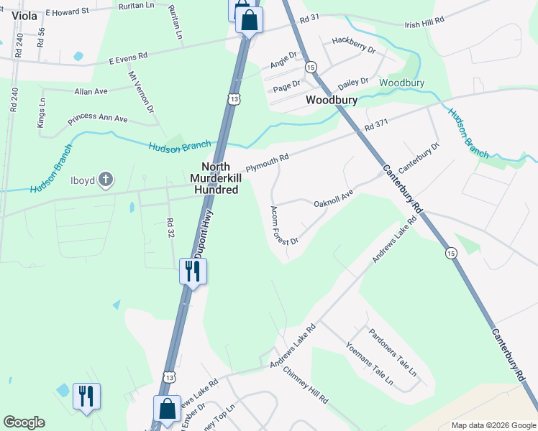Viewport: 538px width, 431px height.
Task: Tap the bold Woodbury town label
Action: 332,100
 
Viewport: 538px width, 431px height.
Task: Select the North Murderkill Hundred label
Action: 215,178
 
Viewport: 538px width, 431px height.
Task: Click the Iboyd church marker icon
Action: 106,178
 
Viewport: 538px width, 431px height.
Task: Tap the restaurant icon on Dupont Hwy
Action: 193,272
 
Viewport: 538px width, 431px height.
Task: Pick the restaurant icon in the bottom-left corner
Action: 86,396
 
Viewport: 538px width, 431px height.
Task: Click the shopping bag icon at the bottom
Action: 167,409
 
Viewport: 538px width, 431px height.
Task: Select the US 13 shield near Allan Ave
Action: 231,99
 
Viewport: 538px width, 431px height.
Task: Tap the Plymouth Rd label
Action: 267,162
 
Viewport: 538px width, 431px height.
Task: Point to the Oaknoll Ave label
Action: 334,199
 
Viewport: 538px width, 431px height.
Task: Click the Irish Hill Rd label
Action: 424,24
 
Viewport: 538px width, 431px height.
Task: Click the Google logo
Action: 24,422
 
